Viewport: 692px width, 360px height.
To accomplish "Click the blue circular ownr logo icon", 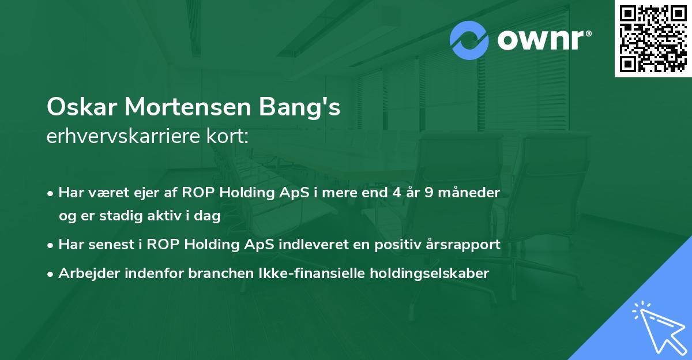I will click(x=469, y=40).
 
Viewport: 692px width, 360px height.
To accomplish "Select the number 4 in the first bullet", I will click(x=396, y=193).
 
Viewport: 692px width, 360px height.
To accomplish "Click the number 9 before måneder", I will click(x=430, y=193).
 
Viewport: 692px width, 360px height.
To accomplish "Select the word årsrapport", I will click(x=464, y=245).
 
